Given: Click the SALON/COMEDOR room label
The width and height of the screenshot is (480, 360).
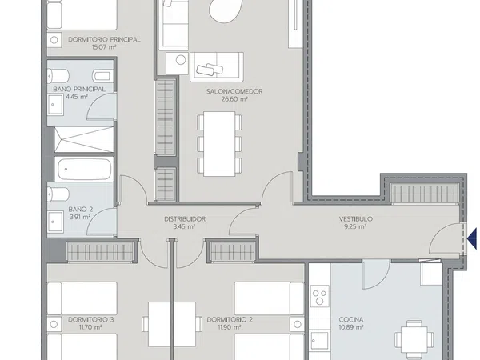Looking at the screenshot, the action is coord(234,91).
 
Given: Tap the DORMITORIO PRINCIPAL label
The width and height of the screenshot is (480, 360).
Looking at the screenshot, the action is coord(104,39).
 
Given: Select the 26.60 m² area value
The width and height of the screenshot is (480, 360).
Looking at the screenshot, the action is coord(234,99).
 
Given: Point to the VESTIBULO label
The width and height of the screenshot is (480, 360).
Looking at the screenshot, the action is coord(356,219).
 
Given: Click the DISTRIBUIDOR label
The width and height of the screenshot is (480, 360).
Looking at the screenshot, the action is coord(185,219).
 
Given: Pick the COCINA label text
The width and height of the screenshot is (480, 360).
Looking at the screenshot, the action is coord(351,319).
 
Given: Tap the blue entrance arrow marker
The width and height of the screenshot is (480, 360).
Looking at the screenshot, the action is coord(473,238).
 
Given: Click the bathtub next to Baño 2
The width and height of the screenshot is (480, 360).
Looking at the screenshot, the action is coord(84,169).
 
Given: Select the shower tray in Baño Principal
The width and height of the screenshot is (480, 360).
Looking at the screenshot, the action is coord(84,139).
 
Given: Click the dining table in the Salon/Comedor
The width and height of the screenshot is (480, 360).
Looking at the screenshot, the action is coord(219,144).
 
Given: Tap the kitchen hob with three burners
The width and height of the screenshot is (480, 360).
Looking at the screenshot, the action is coord(319,296).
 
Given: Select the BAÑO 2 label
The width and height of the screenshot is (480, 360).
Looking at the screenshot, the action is coord(81,210).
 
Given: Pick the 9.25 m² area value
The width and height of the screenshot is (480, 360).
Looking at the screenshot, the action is coord(355,227).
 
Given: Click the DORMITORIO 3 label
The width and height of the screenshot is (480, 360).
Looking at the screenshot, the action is coord(91,319).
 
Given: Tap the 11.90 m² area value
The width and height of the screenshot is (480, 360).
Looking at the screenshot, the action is coord(229,327).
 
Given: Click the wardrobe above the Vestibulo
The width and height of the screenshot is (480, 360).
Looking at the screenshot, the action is coord(425,194).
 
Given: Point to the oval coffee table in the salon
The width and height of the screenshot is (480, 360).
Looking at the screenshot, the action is coord(226,10).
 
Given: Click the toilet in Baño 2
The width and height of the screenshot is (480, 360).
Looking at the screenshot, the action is coord(58,194).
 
